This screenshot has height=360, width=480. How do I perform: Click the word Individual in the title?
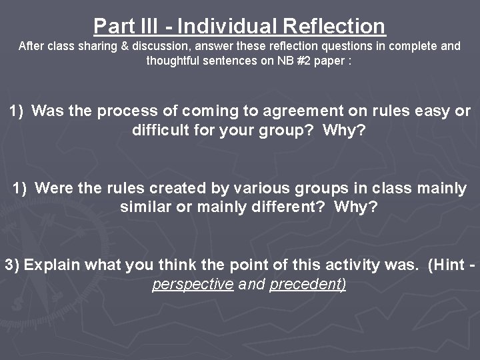[227, 26]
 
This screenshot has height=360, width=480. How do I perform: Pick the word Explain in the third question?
[50, 265]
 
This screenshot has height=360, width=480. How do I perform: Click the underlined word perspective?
[193, 284]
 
